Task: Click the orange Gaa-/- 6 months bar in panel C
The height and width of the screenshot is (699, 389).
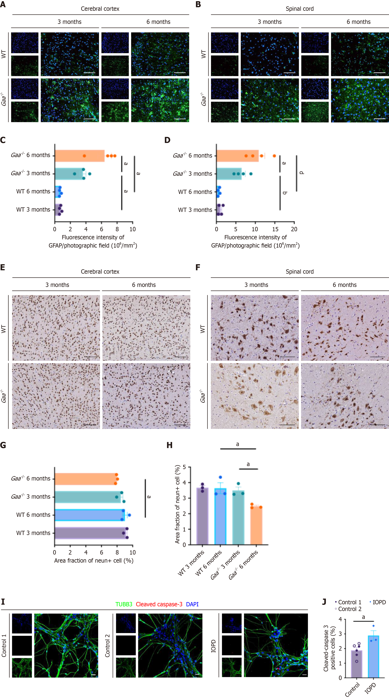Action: tap(80, 156)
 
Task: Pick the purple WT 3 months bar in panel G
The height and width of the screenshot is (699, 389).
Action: tap(90, 533)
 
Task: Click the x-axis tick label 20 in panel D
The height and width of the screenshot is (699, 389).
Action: tap(294, 229)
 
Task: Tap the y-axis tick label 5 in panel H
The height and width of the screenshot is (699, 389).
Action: tap(184, 467)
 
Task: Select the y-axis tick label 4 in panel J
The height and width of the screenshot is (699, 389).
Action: tap(340, 619)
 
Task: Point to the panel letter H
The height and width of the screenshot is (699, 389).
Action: tap(170, 445)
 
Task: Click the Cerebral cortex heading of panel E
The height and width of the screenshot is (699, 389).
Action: tap(100, 272)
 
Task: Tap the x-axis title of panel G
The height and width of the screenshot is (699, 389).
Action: tap(94, 561)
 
